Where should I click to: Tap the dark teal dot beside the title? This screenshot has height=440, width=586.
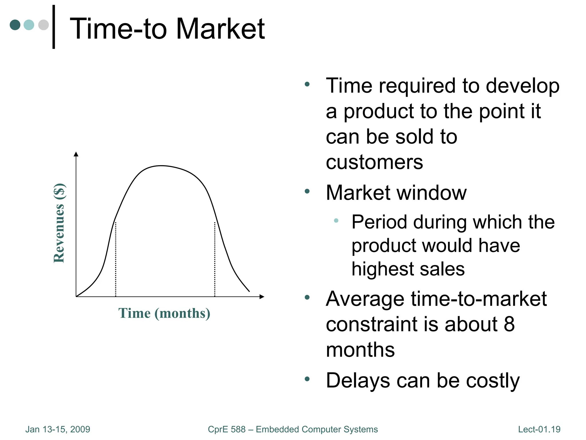[x=15, y=25]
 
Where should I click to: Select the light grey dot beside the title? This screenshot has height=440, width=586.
[x=43, y=25]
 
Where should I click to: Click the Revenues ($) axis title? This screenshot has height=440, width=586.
[x=59, y=223]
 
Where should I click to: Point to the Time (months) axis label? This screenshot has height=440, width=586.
[x=164, y=313]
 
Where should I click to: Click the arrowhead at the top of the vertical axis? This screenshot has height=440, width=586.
[x=76, y=154]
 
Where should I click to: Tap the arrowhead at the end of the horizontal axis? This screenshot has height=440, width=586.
[x=262, y=296]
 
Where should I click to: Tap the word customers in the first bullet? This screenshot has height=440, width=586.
[x=374, y=162]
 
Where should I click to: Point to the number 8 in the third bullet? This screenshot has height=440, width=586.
[x=509, y=324]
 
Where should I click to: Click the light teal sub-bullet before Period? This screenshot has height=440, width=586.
[x=336, y=221]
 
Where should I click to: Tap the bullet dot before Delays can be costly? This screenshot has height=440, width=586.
[x=307, y=379]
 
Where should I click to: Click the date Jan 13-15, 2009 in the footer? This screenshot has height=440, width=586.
[x=58, y=429]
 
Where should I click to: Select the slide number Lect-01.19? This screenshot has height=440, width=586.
[x=539, y=429]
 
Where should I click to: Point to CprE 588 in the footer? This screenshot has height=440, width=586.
[x=227, y=429]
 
